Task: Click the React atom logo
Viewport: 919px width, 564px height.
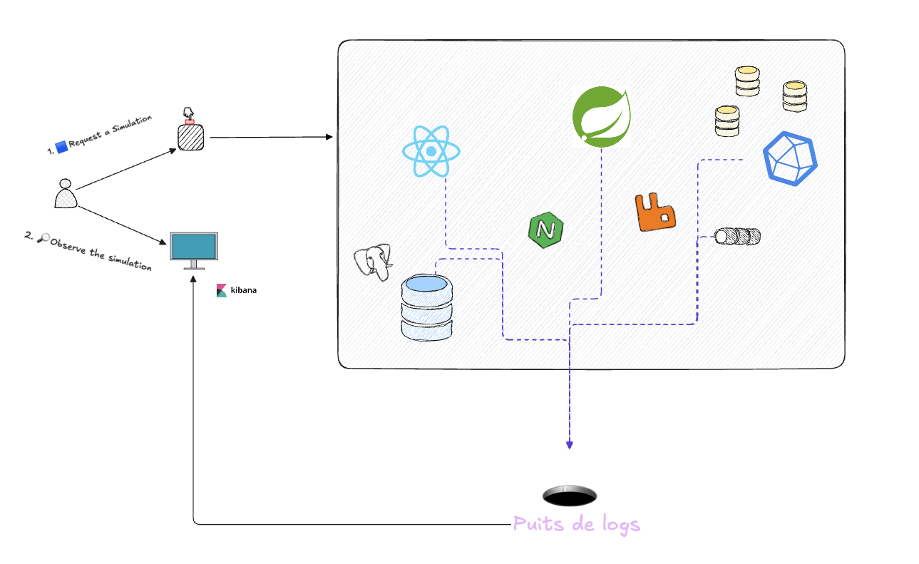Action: point(431,151)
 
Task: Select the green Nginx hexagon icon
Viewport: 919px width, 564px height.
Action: point(546,230)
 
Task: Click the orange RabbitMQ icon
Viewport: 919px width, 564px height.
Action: point(654,212)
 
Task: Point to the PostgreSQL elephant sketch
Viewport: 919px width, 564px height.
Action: point(374,262)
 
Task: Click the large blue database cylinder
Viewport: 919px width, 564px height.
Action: point(426,307)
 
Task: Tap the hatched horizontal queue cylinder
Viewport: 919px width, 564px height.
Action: point(738,236)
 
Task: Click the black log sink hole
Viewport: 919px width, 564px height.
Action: point(570,496)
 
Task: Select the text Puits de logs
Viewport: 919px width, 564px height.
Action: point(576,525)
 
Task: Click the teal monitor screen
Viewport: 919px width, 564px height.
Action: point(193,247)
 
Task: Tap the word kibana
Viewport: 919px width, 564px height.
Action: point(244,291)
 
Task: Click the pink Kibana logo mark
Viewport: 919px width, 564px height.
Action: point(222,291)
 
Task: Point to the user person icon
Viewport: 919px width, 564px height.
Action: point(66,194)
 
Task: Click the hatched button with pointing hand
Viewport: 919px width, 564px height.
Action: point(190,135)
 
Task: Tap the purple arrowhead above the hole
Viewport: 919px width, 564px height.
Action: point(570,444)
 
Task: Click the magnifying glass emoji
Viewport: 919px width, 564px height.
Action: point(43,238)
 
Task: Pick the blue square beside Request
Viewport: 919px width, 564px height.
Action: point(61,146)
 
